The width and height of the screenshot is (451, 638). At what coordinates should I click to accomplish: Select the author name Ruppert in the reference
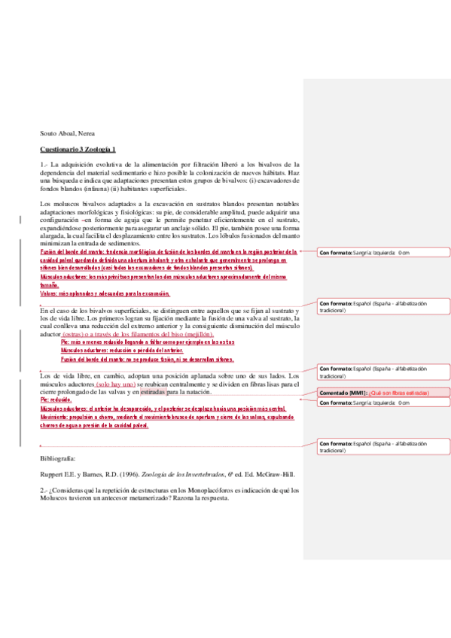53,474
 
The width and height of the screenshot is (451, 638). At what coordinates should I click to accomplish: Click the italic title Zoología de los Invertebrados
176,474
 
